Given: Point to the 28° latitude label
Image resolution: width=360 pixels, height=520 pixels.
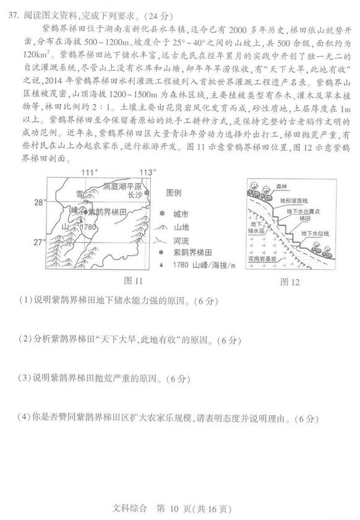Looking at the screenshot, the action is point(40,202).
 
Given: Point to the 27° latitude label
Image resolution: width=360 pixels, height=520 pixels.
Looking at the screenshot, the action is point(40,241).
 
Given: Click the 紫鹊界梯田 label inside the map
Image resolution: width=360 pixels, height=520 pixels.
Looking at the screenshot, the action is point(108,211).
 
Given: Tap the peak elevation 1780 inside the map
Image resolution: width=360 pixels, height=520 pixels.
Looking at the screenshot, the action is point(89,227).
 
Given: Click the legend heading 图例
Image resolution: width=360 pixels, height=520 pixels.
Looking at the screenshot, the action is point(175,192).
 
